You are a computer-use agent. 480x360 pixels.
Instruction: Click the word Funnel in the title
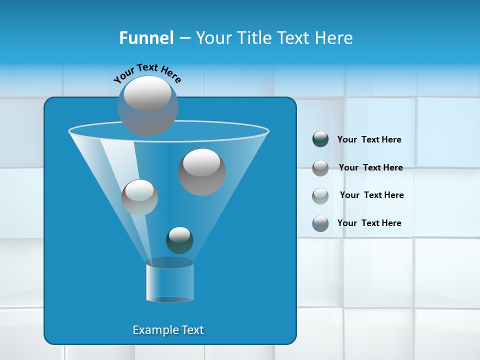click(146, 38)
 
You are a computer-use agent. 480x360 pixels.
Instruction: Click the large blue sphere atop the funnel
click(147, 105)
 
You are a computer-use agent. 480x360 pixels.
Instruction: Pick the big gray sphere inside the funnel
click(201, 171)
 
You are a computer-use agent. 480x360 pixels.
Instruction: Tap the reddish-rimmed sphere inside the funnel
click(139, 197)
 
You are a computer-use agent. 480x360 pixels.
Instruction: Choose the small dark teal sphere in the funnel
click(179, 240)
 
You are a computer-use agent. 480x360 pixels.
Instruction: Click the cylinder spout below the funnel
click(169, 281)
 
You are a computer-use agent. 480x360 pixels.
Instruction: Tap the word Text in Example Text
click(192, 330)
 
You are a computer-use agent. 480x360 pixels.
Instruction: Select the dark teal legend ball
click(320, 139)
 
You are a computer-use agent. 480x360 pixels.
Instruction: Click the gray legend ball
click(320, 168)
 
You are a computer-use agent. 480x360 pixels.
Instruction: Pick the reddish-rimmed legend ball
click(320, 195)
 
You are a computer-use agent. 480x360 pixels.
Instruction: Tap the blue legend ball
click(320, 223)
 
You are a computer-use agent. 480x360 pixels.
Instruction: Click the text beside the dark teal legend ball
click(369, 139)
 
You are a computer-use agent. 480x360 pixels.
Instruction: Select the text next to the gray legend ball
click(370, 167)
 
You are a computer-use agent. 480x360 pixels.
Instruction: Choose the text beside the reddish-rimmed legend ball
click(371, 195)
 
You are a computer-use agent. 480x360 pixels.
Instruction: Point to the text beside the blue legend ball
click(369, 223)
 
